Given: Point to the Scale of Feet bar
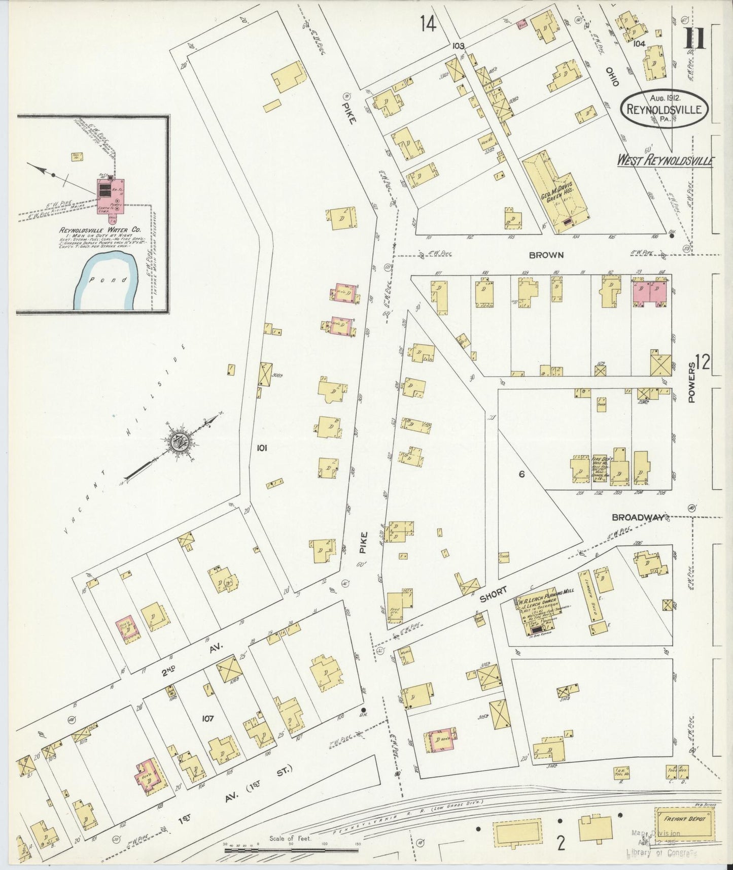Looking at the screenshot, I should pyautogui.click(x=291, y=850).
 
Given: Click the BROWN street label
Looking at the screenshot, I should pyautogui.click(x=545, y=255).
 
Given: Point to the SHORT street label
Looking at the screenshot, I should pyautogui.click(x=493, y=595).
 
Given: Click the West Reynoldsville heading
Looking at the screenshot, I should pyautogui.click(x=665, y=161).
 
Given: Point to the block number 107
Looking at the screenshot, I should pyautogui.click(x=207, y=718).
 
